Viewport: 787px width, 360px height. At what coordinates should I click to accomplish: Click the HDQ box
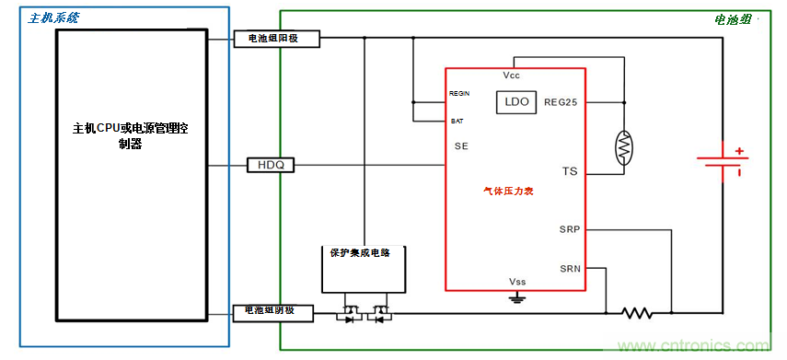(271, 165)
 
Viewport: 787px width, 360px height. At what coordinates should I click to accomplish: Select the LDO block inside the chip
(516, 102)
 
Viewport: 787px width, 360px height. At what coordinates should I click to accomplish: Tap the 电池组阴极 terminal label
(273, 312)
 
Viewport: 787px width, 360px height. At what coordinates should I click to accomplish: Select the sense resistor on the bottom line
(638, 313)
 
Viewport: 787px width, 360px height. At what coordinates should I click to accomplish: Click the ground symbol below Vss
(517, 297)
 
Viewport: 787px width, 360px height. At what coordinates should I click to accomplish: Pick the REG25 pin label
(561, 102)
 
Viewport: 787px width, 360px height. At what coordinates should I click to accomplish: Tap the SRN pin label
(569, 269)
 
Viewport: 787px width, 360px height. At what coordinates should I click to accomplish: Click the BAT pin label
(457, 121)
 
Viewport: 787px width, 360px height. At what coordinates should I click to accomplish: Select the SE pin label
(462, 146)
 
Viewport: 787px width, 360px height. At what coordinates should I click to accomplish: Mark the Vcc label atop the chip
(512, 75)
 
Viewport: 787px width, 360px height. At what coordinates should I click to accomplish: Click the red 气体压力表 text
(509, 192)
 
